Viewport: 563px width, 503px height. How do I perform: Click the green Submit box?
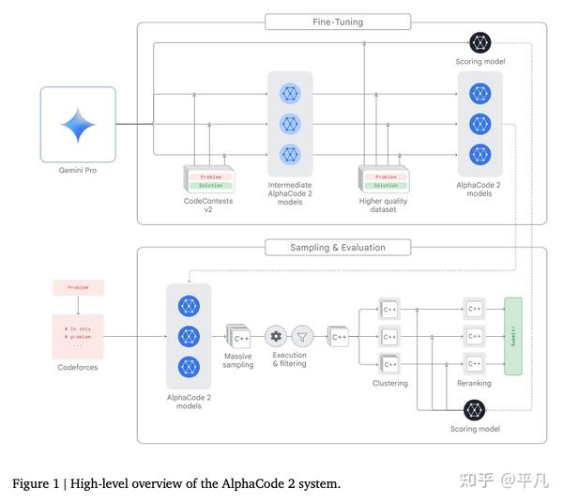[x=513, y=335]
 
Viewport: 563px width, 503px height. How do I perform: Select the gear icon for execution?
[x=277, y=335]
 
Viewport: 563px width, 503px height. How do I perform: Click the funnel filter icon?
[x=302, y=335]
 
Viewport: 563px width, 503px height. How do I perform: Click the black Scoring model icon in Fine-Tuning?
[x=479, y=43]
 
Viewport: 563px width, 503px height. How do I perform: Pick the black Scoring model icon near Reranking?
[x=474, y=409]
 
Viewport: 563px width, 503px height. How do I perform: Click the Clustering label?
[x=389, y=383]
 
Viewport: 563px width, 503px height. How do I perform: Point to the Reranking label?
[x=475, y=383]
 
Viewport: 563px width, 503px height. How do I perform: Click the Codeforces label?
[x=78, y=368]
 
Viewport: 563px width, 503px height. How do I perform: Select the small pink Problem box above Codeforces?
[x=78, y=288]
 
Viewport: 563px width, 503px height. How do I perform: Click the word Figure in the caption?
[x=30, y=483]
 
